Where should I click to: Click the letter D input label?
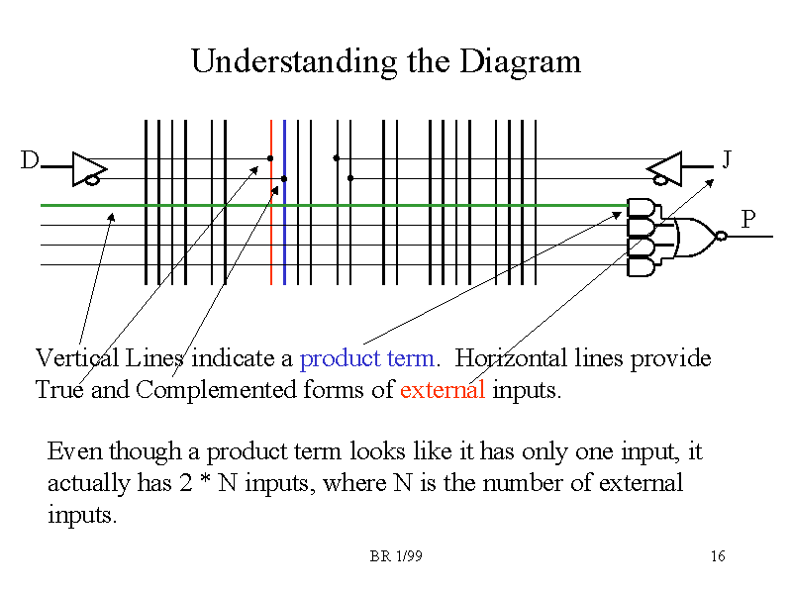[30, 159]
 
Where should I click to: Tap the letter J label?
[727, 159]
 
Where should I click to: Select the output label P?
[748, 219]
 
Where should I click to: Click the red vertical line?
[271, 202]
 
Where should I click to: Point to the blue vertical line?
[285, 202]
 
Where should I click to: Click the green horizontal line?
[335, 205]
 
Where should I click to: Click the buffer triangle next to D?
[89, 168]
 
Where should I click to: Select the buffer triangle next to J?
[664, 168]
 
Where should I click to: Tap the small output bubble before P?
[722, 236]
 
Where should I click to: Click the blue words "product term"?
[366, 358]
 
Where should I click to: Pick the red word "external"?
[443, 389]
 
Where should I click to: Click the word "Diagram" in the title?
[521, 62]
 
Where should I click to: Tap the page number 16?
[718, 556]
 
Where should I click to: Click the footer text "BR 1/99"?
[396, 556]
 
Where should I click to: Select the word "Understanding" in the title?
[294, 62]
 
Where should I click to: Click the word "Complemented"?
[216, 390]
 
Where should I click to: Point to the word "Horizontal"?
[511, 358]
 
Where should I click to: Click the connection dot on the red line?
[270, 158]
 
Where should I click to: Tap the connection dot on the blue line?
[284, 179]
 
